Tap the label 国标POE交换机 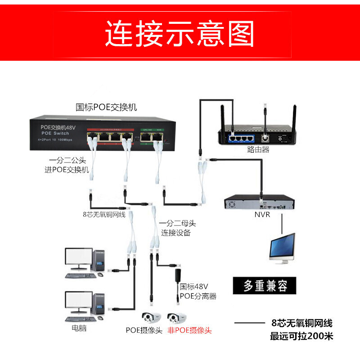106,108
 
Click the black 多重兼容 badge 265,286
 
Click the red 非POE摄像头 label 189,330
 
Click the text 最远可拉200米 301,336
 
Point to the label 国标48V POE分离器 198,291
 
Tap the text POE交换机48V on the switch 58,127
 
